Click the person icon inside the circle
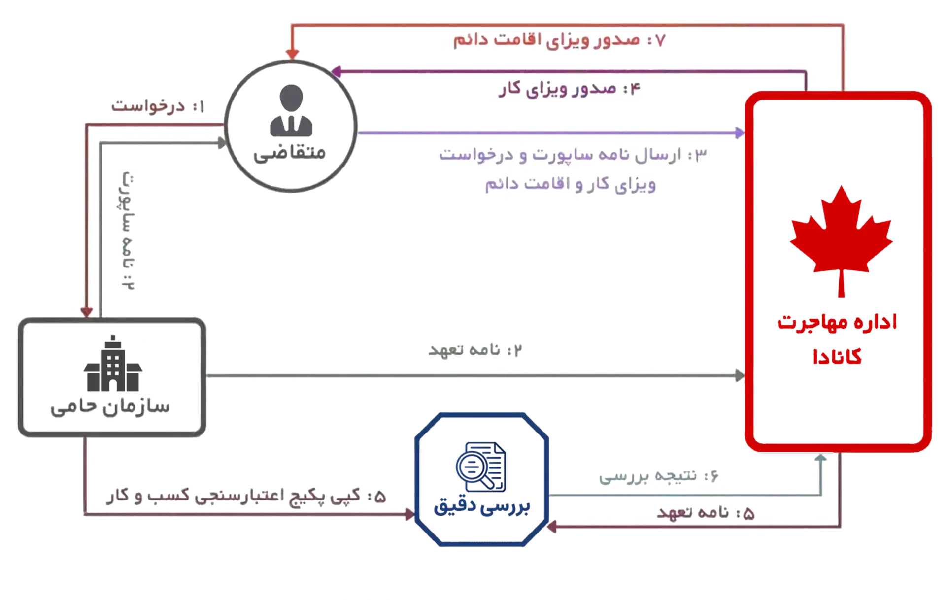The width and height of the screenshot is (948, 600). [x=291, y=111]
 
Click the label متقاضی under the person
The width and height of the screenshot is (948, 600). [x=290, y=153]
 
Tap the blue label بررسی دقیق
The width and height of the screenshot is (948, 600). [x=482, y=508]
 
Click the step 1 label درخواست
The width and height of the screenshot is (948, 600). [x=157, y=106]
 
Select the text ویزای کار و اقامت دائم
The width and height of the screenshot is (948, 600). [x=570, y=185]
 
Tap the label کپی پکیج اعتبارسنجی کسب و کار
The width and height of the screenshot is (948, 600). [x=245, y=497]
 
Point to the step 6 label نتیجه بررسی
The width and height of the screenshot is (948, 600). [x=659, y=476]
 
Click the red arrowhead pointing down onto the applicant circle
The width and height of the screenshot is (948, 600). [x=293, y=53]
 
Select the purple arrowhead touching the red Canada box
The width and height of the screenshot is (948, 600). [x=739, y=133]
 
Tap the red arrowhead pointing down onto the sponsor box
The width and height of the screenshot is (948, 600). [x=87, y=312]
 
